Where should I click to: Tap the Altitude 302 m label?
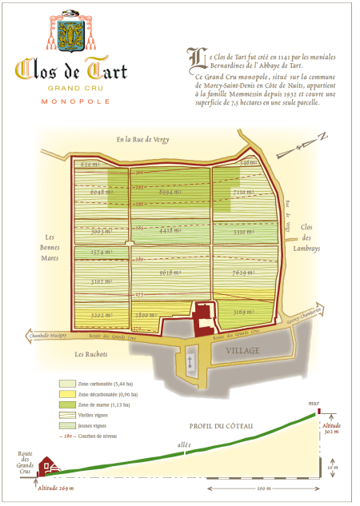pos(331,432)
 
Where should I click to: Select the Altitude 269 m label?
pos(56,488)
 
